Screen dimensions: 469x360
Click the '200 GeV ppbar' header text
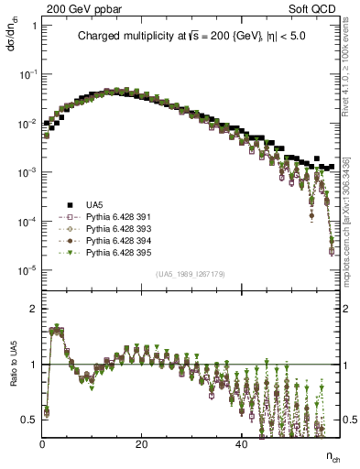pyautogui.click(x=72, y=8)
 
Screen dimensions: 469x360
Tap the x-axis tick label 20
pyautogui.click(x=141, y=444)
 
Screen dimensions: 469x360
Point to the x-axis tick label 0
pyautogui.click(x=42, y=444)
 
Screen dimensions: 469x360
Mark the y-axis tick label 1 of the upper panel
pyautogui.click(x=34, y=26)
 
